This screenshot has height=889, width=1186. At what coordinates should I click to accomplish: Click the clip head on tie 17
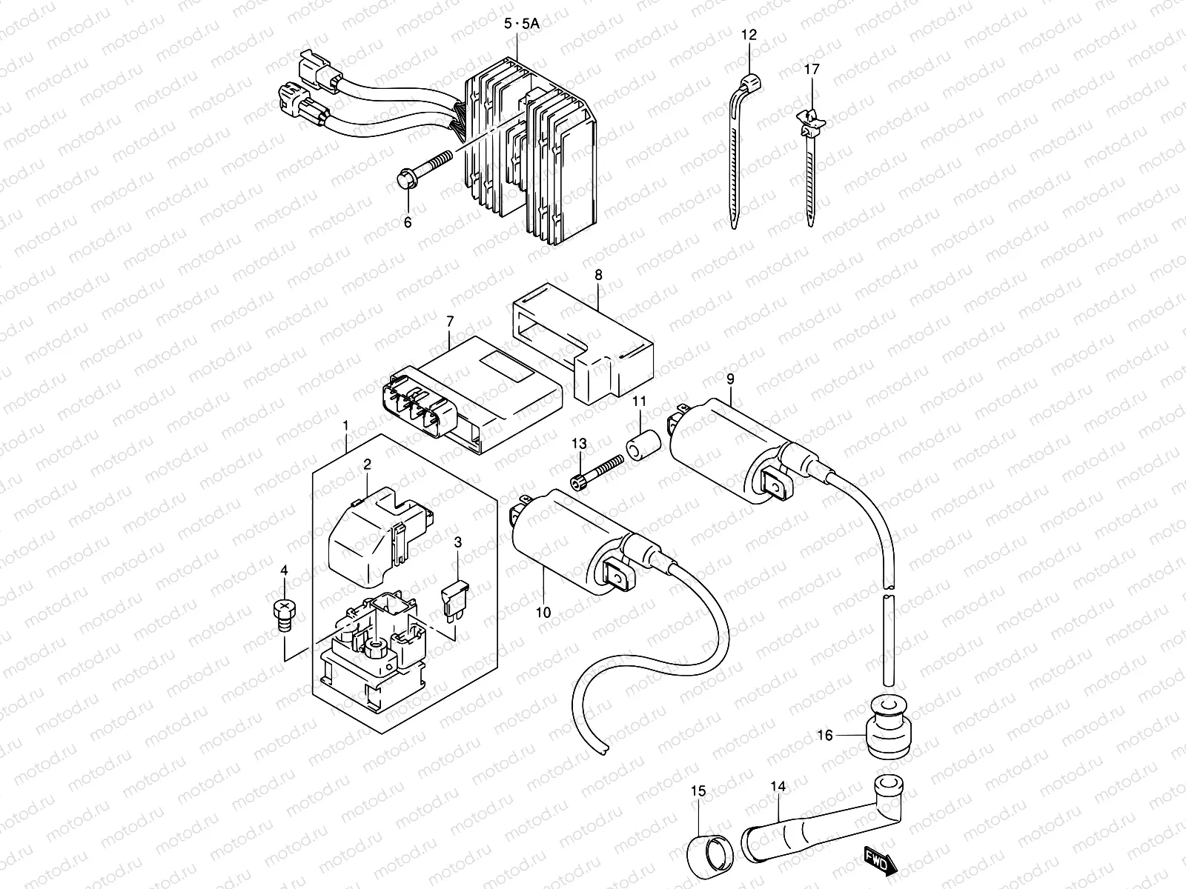(x=810, y=117)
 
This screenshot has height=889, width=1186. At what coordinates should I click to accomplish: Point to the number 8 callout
(x=598, y=274)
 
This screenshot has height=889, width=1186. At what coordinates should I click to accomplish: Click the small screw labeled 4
(x=281, y=613)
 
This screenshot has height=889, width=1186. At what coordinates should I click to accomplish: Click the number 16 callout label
(x=825, y=735)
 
